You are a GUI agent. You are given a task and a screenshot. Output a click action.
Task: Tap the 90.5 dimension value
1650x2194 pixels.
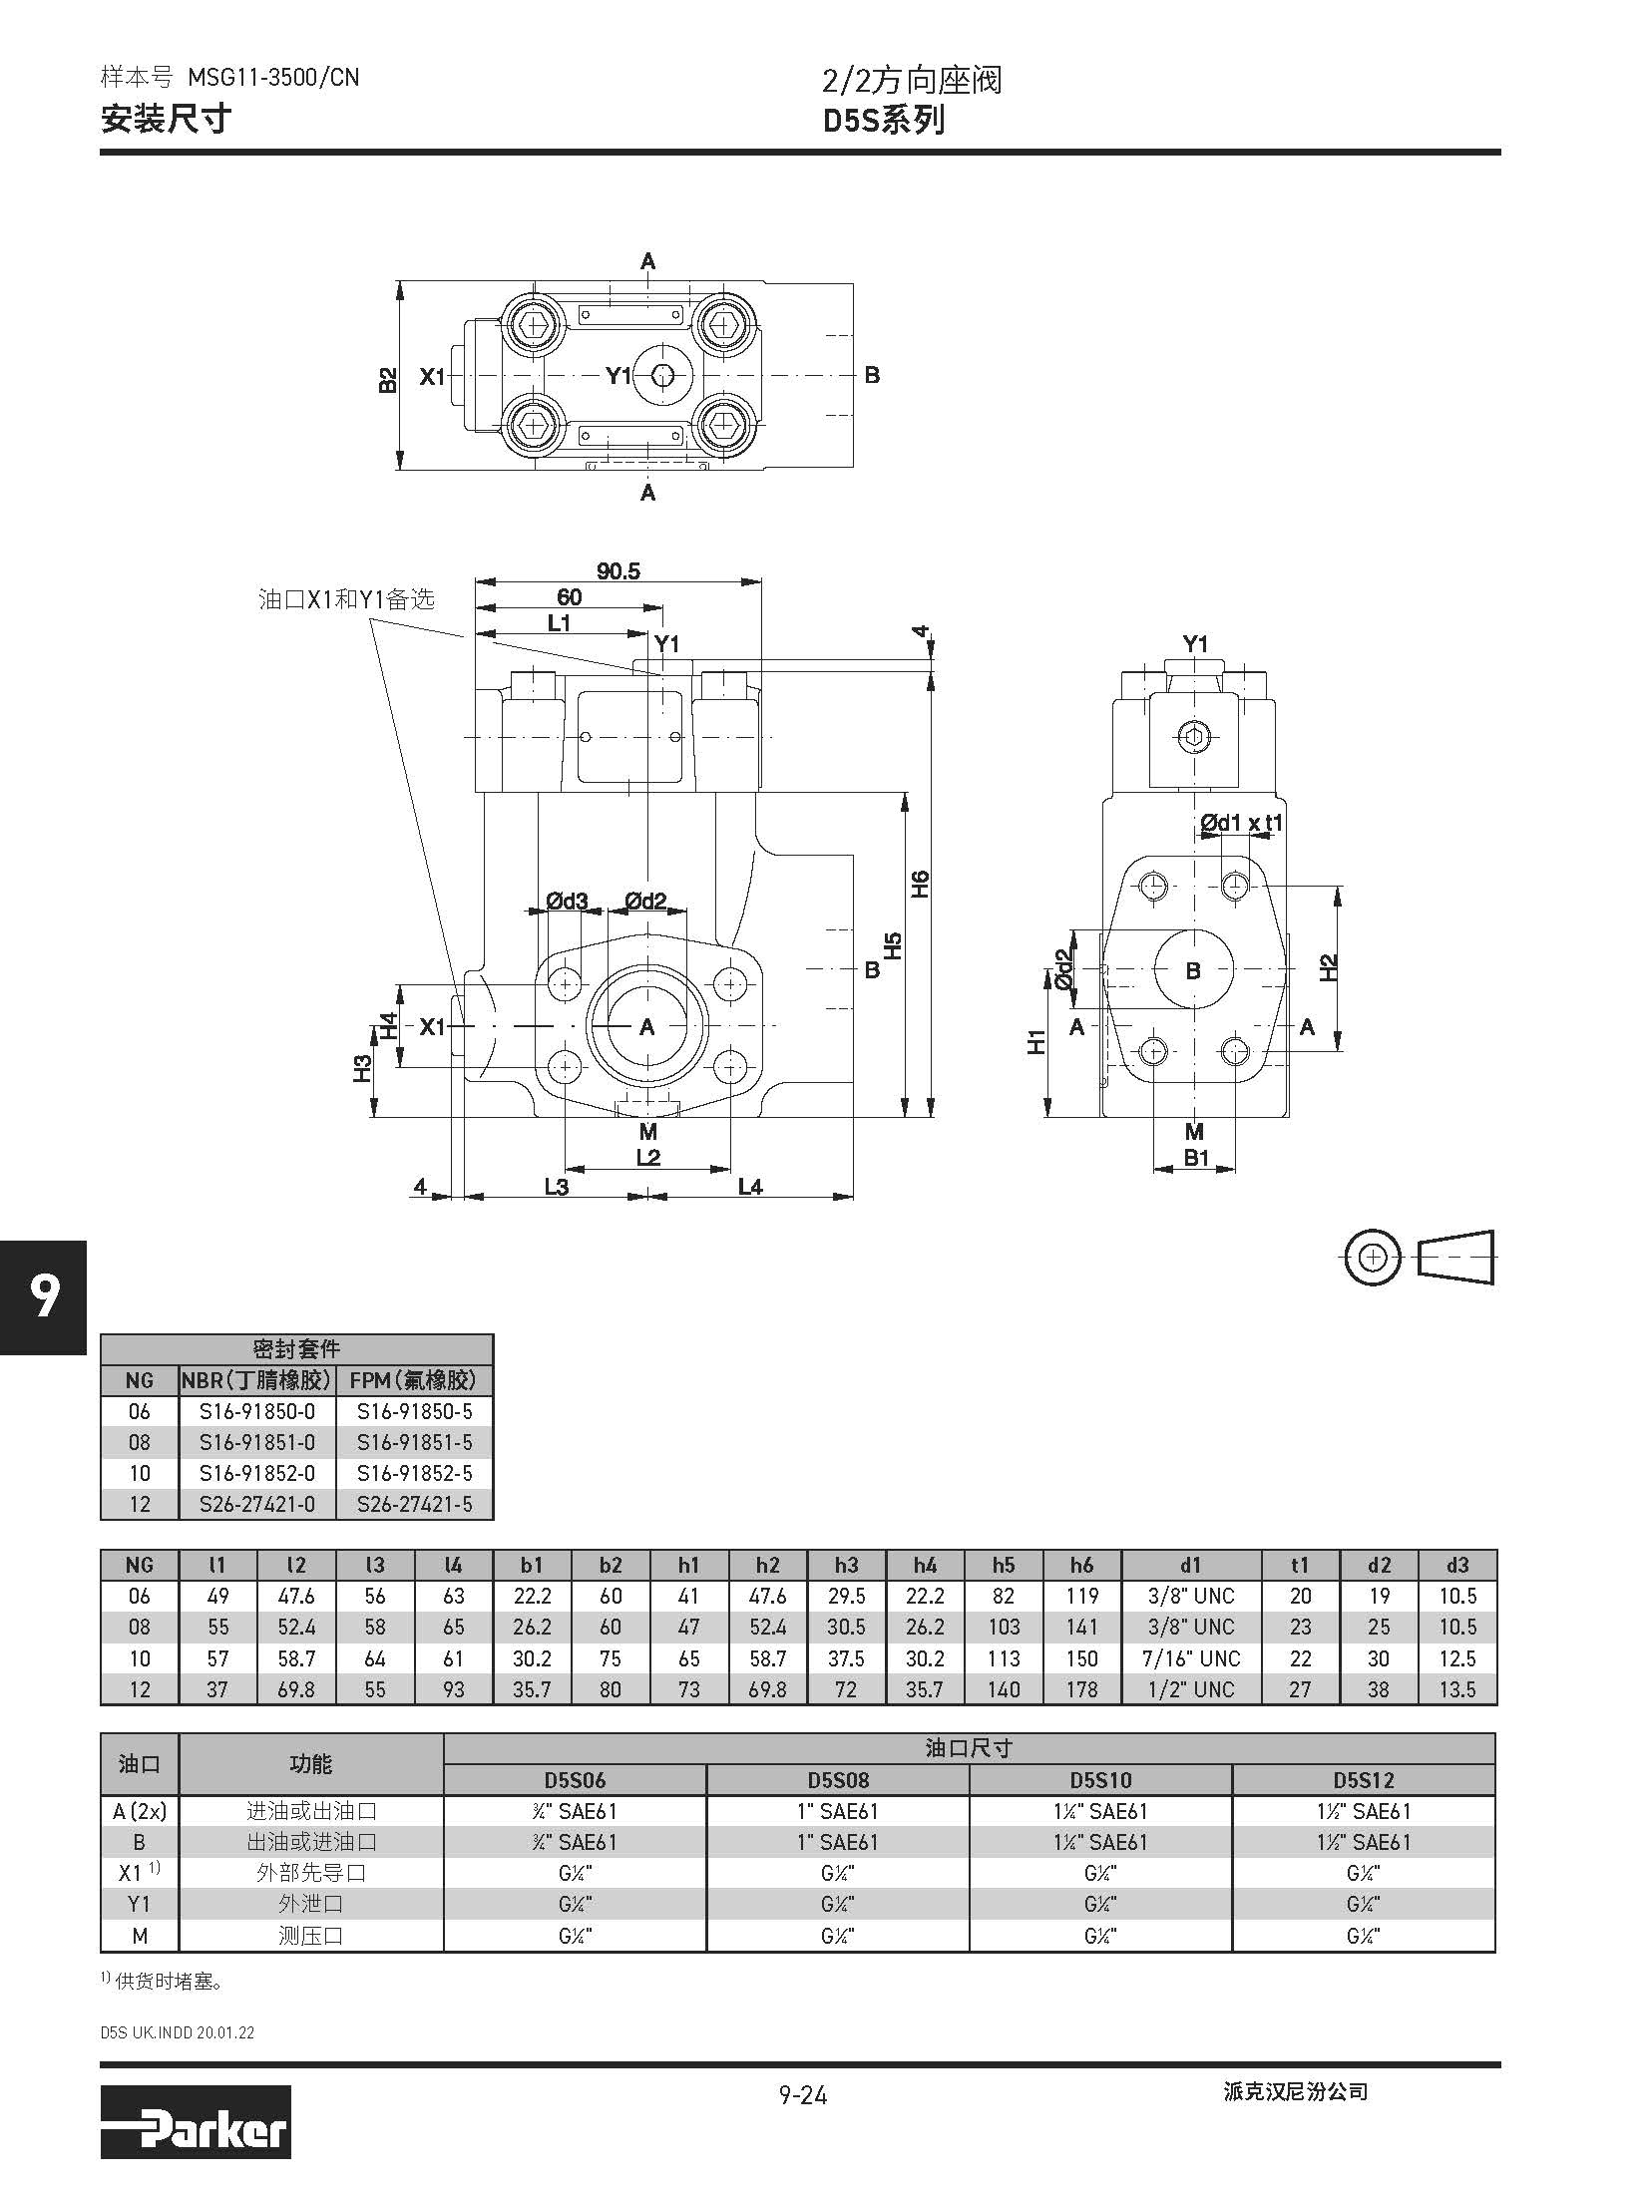(x=618, y=571)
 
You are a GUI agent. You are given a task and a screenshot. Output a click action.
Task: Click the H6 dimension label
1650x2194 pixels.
(x=920, y=884)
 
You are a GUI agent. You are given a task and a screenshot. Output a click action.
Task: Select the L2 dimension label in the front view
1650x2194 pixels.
(x=648, y=1157)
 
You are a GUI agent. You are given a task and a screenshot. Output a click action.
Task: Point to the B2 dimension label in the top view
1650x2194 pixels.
(x=388, y=379)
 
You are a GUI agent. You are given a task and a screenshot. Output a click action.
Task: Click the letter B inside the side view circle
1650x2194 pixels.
(x=1192, y=970)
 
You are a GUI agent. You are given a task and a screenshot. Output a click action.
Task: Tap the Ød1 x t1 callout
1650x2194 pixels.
(x=1241, y=823)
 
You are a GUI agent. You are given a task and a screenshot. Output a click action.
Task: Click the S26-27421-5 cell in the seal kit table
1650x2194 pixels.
(x=413, y=1504)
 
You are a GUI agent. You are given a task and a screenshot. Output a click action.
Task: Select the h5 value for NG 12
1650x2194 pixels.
(x=1004, y=1689)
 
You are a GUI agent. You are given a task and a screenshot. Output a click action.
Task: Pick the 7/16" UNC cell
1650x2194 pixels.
(x=1191, y=1658)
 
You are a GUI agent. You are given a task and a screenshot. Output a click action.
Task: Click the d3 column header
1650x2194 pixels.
(x=1456, y=1565)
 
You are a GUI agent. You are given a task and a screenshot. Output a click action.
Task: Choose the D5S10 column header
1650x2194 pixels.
(x=1100, y=1780)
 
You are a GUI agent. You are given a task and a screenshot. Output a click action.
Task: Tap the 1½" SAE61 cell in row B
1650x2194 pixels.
(x=1363, y=1842)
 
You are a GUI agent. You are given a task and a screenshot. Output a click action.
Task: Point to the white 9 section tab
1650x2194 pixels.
(x=43, y=1297)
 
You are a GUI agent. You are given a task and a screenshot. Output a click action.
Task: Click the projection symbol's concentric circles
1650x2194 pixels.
(x=1373, y=1258)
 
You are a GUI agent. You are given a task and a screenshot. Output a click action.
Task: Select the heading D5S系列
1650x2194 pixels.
(x=884, y=121)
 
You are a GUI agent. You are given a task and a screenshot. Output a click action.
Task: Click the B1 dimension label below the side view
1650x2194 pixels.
(x=1195, y=1158)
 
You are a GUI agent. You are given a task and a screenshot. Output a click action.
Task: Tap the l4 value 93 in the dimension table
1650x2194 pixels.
(x=453, y=1689)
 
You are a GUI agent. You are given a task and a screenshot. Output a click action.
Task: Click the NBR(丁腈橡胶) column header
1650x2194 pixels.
(x=256, y=1380)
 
